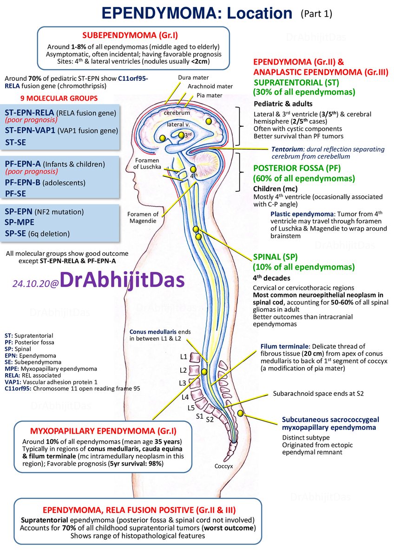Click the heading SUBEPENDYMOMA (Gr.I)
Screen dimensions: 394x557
pyautogui.click(x=130, y=35)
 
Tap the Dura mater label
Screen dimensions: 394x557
pyautogui.click(x=193, y=78)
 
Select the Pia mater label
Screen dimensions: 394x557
pyautogui.click(x=210, y=95)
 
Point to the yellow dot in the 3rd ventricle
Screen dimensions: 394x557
pyautogui.click(x=182, y=135)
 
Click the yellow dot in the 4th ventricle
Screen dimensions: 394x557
pyautogui.click(x=193, y=169)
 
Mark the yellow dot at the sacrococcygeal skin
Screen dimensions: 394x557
pyautogui.click(x=240, y=413)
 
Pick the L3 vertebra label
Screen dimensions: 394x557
pyautogui.click(x=183, y=383)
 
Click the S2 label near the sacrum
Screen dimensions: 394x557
pyautogui.click(x=210, y=420)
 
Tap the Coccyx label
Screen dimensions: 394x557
pyautogui.click(x=223, y=466)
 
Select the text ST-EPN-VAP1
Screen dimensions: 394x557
pyautogui.click(x=30, y=130)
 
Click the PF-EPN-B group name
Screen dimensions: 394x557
pyautogui.click(x=23, y=182)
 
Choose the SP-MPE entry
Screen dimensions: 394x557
pyautogui.click(x=20, y=222)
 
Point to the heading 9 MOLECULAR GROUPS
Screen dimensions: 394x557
pyautogui.click(x=59, y=98)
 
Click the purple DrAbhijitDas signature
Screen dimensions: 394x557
pyautogui.click(x=122, y=279)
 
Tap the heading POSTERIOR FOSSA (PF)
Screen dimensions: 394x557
pyautogui.click(x=297, y=168)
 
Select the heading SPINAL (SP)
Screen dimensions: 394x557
pyautogui.click(x=275, y=257)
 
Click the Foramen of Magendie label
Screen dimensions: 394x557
pyautogui.click(x=143, y=218)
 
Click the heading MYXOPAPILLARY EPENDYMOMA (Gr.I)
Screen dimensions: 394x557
pyautogui.click(x=103, y=431)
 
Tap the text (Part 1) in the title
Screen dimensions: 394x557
pyautogui.click(x=316, y=13)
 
